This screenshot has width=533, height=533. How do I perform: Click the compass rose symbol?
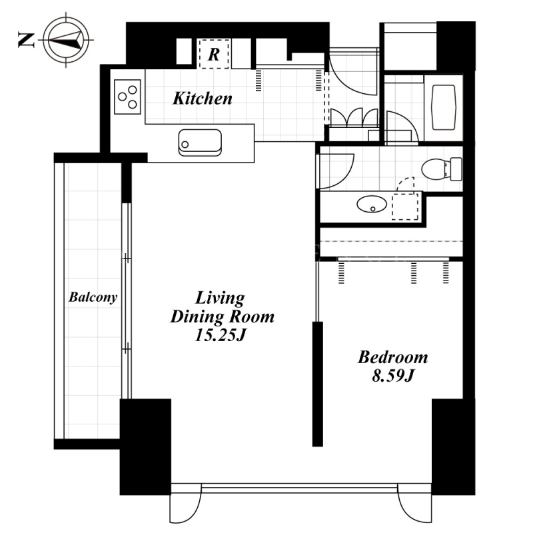point(66,40)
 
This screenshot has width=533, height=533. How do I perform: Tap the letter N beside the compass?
point(26,40)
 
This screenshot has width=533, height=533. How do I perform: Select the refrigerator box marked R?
point(214,54)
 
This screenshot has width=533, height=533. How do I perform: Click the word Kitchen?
point(203,99)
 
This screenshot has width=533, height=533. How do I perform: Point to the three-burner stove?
point(127,97)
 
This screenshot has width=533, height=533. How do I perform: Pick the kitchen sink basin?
point(200,143)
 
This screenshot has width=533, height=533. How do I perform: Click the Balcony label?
point(93,297)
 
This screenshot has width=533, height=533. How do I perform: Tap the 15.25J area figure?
point(220,336)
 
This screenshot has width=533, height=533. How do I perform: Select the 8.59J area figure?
point(392,376)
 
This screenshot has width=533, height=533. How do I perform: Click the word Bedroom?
point(392,357)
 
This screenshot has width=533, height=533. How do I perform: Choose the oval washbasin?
point(372,205)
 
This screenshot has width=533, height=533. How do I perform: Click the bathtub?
point(443,107)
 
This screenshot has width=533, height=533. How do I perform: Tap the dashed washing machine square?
point(405,207)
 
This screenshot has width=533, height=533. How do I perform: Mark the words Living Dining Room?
point(222,307)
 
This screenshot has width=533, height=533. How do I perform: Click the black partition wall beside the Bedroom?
point(318,384)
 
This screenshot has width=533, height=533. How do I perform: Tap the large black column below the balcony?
point(145,446)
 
